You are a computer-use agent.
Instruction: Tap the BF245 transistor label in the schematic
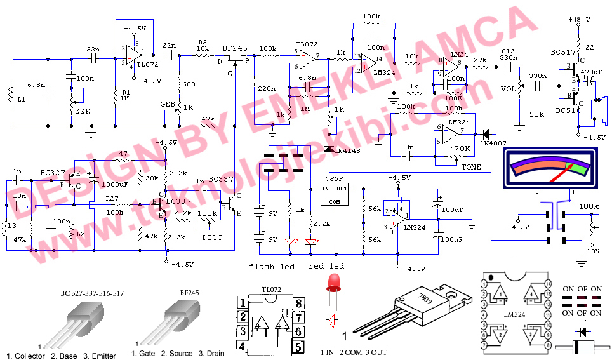coord(234,48)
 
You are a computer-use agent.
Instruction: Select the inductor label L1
coord(21,100)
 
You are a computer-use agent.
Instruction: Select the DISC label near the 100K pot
coord(211,237)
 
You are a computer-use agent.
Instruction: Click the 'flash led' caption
coord(272,267)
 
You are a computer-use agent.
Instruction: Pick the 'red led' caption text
coord(327,266)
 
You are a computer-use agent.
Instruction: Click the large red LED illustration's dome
coord(334,281)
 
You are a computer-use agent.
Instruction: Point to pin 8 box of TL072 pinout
coord(298,302)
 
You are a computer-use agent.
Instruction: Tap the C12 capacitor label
coord(507,50)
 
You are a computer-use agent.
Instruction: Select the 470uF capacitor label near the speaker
coord(590,72)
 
